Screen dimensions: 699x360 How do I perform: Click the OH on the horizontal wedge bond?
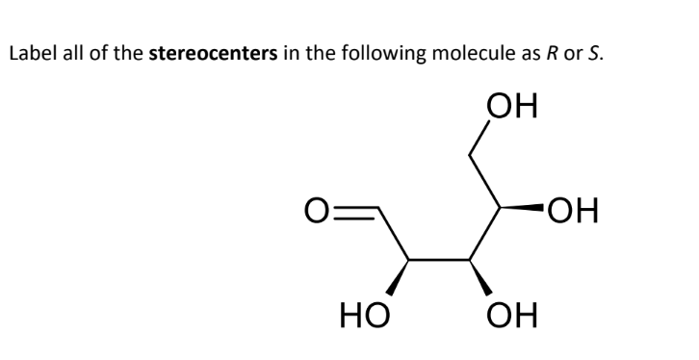point(572,209)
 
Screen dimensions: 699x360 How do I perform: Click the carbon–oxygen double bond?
point(357,209)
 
